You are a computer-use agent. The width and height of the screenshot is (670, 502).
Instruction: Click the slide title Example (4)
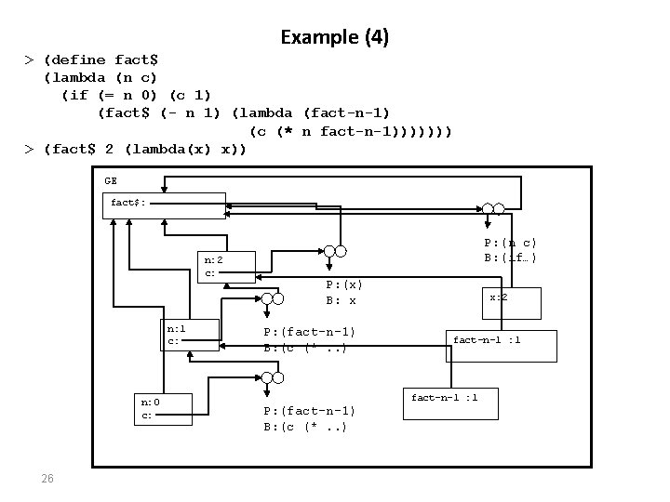point(335,37)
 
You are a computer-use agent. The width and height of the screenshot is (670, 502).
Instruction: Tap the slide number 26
point(47,478)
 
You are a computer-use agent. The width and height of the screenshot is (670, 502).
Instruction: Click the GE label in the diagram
point(111,181)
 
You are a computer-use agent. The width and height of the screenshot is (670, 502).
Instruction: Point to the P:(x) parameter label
point(344,284)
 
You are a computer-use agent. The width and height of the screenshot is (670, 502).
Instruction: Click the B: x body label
point(341,300)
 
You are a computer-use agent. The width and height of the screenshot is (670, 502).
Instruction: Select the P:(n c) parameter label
point(510,243)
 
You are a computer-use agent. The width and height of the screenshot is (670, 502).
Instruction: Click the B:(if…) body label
point(510,258)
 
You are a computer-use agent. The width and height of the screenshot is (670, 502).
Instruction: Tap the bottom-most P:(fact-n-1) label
point(309,411)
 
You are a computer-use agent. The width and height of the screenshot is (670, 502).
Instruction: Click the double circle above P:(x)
point(335,251)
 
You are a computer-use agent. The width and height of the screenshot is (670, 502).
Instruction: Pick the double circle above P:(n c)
point(493,209)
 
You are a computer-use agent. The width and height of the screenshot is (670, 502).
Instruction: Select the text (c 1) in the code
point(190,95)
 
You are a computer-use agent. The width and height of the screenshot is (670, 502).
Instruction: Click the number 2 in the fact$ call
point(110,149)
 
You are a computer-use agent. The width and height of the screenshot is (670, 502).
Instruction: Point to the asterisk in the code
point(288,130)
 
